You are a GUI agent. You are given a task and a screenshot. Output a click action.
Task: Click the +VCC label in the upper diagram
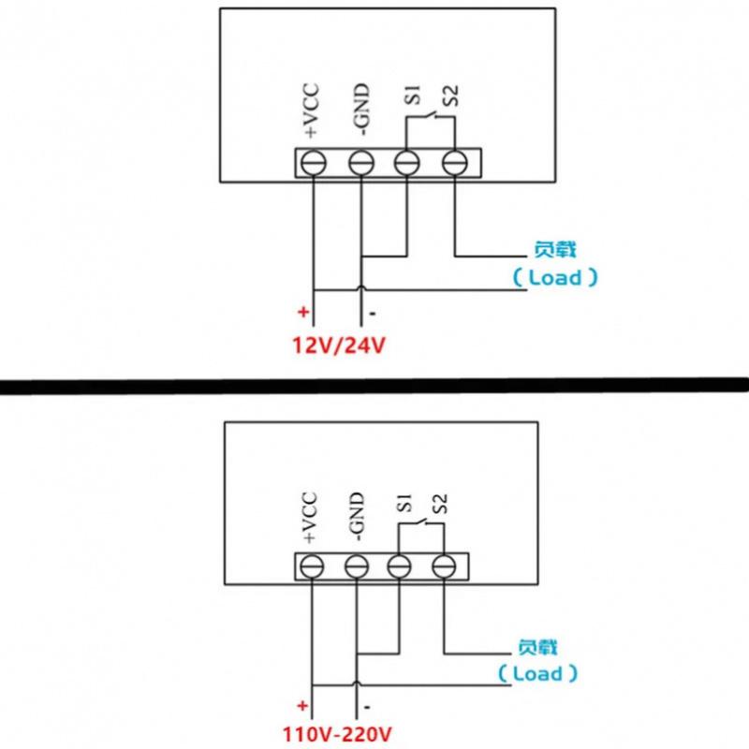click(x=312, y=113)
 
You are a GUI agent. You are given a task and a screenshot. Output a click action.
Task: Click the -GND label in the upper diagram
click(x=361, y=110)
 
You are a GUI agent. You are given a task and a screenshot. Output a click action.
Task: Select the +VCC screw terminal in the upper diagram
click(x=312, y=162)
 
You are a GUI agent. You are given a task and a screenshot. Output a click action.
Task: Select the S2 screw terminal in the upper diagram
click(x=454, y=162)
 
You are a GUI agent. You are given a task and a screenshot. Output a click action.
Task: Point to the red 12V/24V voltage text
click(x=340, y=345)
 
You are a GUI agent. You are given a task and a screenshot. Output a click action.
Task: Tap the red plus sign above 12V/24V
click(x=302, y=313)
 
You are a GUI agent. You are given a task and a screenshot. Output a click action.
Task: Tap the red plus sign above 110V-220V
click(x=302, y=705)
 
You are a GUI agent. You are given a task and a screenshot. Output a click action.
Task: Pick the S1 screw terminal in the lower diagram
click(x=399, y=565)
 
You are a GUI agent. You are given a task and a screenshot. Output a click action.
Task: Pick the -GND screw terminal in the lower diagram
click(x=355, y=565)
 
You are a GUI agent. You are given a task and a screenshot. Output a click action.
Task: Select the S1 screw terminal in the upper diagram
click(x=405, y=162)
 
